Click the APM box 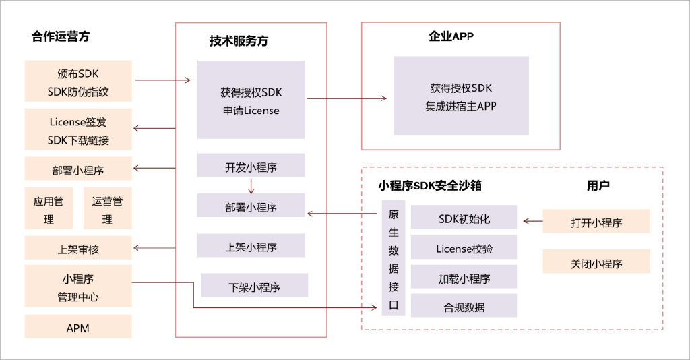pyautogui.click(x=78, y=328)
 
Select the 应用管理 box pyautogui.click(x=49, y=210)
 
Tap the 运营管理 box pyautogui.click(x=107, y=210)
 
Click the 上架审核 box pyautogui.click(x=78, y=249)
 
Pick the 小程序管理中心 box pyautogui.click(x=78, y=287)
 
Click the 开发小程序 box pyautogui.click(x=251, y=167)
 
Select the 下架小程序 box pyautogui.click(x=254, y=287)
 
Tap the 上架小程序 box pyautogui.click(x=251, y=247)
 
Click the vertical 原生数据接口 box pyautogui.click(x=394, y=258)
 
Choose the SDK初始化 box pyautogui.click(x=464, y=220)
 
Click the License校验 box pyautogui.click(x=464, y=249)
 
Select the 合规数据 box pyautogui.click(x=464, y=307)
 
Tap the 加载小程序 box pyautogui.click(x=464, y=278)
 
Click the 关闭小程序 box pyautogui.click(x=596, y=263)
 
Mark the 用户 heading pyautogui.click(x=598, y=185)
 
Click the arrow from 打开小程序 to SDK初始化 pyautogui.click(x=532, y=220)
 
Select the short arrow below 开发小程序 pyautogui.click(x=251, y=186)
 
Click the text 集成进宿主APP pyautogui.click(x=461, y=107)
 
